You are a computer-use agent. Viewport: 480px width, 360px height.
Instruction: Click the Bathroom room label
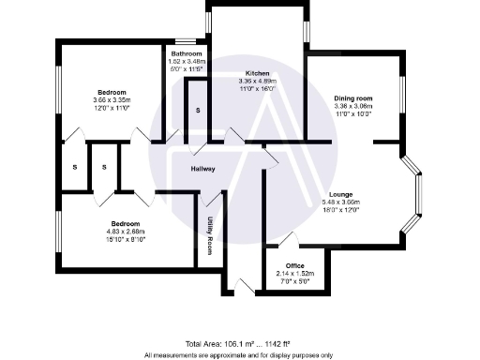pos(187,54)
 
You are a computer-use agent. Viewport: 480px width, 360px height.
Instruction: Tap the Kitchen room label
pos(258,73)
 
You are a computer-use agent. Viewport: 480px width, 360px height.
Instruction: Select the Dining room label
pos(353,98)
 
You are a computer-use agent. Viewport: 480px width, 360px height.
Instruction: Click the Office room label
pos(295,265)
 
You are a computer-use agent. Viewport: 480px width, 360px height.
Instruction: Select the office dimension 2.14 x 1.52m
pos(295,273)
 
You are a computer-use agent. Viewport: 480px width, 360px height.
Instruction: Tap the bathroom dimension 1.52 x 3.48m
pos(187,62)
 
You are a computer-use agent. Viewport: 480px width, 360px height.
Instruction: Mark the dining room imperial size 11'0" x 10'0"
pos(353,113)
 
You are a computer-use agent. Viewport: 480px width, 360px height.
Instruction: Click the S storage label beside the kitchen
pos(198,112)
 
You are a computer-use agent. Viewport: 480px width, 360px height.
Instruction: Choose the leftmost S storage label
pos(74,167)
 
